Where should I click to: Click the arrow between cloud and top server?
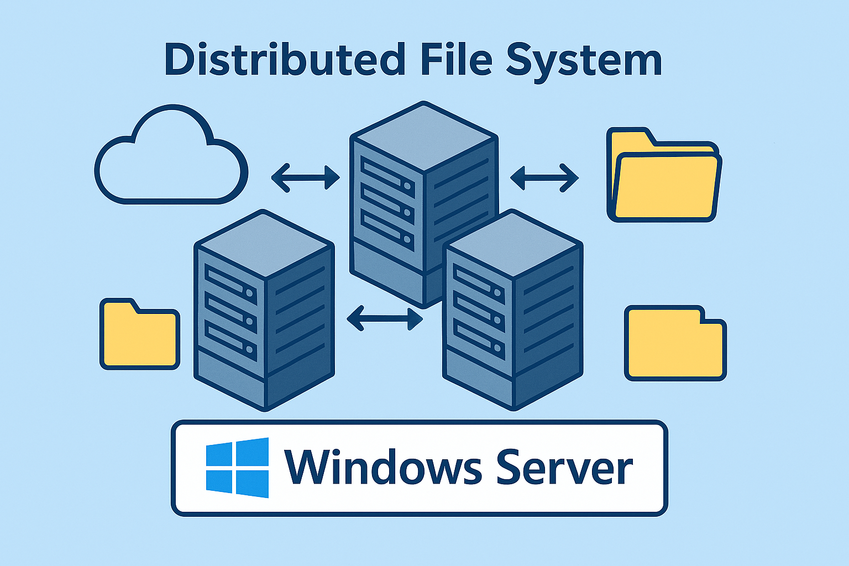(306, 177)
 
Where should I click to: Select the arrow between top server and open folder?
(544, 177)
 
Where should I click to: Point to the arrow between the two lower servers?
(384, 318)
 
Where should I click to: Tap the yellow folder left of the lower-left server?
(139, 336)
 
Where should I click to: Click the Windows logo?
(237, 468)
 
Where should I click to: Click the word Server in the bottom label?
(564, 468)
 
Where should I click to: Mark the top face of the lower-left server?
(264, 243)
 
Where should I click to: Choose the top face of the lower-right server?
(513, 243)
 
